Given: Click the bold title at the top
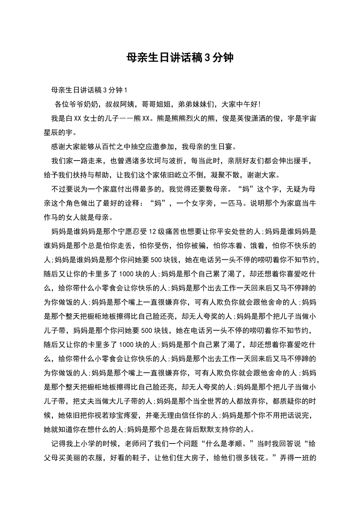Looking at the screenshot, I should pyautogui.click(x=180, y=58).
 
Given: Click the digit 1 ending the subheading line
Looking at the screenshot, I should pyautogui.click(x=125, y=90).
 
